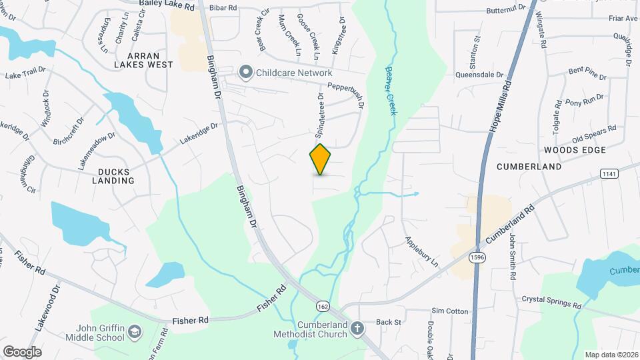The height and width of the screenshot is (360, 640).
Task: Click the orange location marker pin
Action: click(x=321, y=159)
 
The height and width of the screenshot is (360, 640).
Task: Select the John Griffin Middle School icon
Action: click(x=135, y=332)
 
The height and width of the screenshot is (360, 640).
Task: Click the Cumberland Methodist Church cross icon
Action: click(x=357, y=328)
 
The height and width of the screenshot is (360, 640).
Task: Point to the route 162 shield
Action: click(x=323, y=305)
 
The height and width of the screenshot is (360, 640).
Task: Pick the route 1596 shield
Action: click(x=476, y=257)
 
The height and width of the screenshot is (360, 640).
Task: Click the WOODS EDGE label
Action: click(x=569, y=150)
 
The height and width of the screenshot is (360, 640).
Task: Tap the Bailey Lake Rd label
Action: click(x=167, y=5)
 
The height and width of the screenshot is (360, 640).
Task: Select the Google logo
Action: click(x=22, y=351)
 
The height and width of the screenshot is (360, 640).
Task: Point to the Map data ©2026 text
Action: click(x=611, y=355)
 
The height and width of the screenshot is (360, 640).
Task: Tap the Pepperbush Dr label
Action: click(x=347, y=95)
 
